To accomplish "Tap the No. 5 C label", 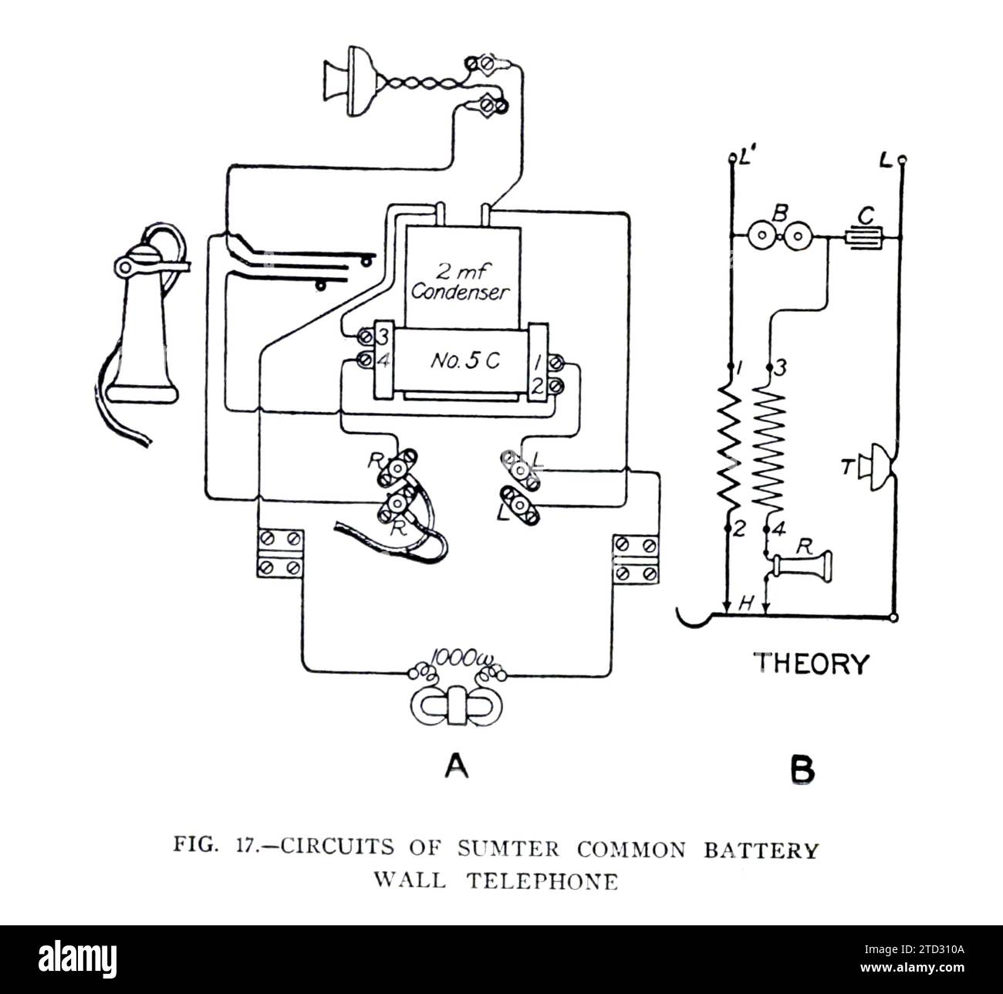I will pyautogui.click(x=461, y=361).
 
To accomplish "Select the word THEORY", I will pyautogui.click(x=809, y=663).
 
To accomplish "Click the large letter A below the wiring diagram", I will pyautogui.click(x=456, y=766).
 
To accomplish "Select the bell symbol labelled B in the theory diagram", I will pyautogui.click(x=778, y=237).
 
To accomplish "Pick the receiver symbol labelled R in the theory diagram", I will pyautogui.click(x=802, y=567).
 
